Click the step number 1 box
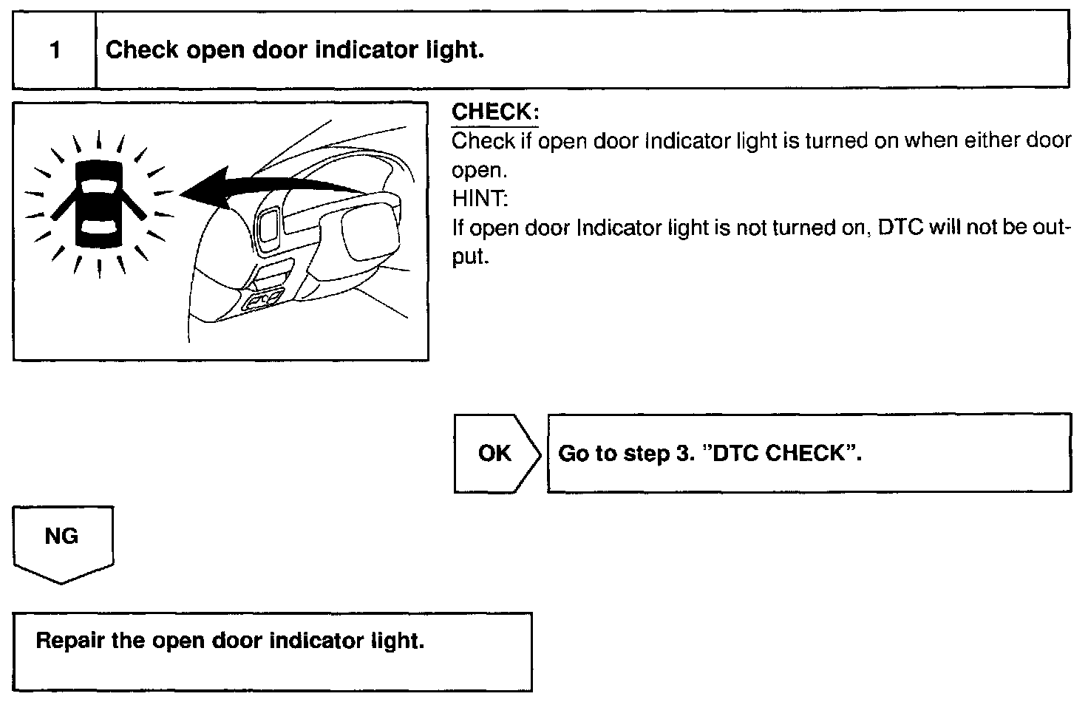(x=55, y=51)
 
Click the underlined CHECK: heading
(x=494, y=112)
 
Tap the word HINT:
(x=480, y=199)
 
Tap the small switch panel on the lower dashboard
(x=263, y=300)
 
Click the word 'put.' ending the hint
(x=471, y=258)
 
